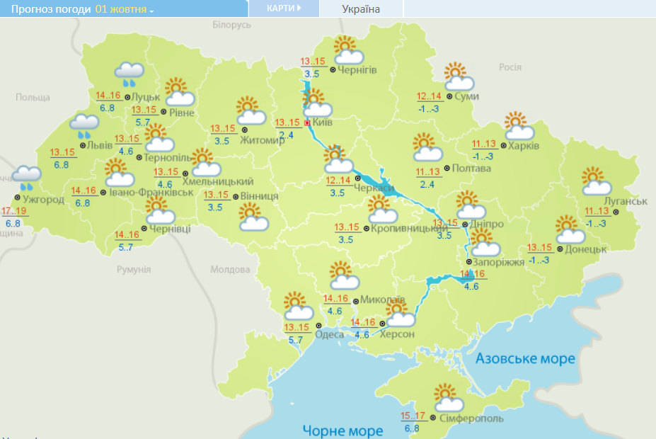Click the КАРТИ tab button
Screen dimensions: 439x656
[284, 8]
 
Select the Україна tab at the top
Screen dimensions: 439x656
[360, 9]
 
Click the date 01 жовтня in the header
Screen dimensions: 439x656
[125, 9]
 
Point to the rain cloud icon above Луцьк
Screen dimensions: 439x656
[130, 74]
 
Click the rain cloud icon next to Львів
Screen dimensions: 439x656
[84, 125]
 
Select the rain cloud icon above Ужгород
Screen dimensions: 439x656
[27, 178]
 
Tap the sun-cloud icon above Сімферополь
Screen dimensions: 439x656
[447, 398]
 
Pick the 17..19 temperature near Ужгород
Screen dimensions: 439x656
[15, 211]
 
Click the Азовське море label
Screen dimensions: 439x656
[525, 359]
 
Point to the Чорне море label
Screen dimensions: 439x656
[343, 430]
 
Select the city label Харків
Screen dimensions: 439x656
[524, 146]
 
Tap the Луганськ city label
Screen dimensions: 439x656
[626, 202]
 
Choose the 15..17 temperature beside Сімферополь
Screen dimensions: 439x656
[413, 416]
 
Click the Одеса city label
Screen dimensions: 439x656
[329, 335]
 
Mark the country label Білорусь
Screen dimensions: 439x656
[232, 25]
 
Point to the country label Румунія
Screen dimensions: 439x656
[134, 270]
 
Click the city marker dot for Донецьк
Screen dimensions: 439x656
[559, 249]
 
